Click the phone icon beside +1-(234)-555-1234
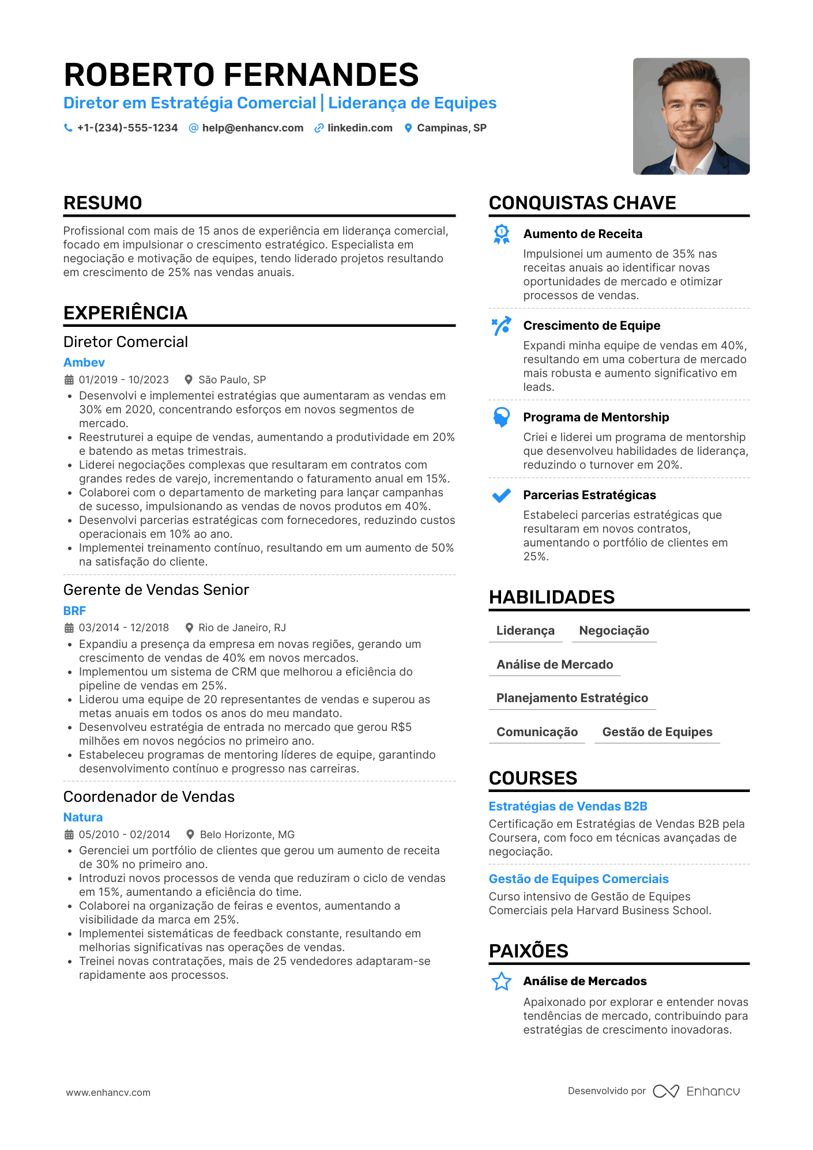(68, 128)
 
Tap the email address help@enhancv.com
(253, 128)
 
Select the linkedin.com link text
(360, 128)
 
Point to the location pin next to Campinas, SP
(408, 128)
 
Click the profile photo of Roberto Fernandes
(691, 116)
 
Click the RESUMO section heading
(103, 203)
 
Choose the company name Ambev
(84, 363)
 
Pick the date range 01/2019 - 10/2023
(124, 380)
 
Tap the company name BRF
(74, 611)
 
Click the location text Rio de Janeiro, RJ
(242, 628)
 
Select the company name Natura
(83, 817)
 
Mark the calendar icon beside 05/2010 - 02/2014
(69, 835)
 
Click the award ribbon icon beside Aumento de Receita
(502, 234)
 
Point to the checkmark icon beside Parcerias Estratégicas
(502, 495)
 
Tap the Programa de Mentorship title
(596, 417)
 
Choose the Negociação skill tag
(614, 631)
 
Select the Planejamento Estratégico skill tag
(572, 698)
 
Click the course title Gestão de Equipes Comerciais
(578, 879)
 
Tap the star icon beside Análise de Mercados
(502, 981)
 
